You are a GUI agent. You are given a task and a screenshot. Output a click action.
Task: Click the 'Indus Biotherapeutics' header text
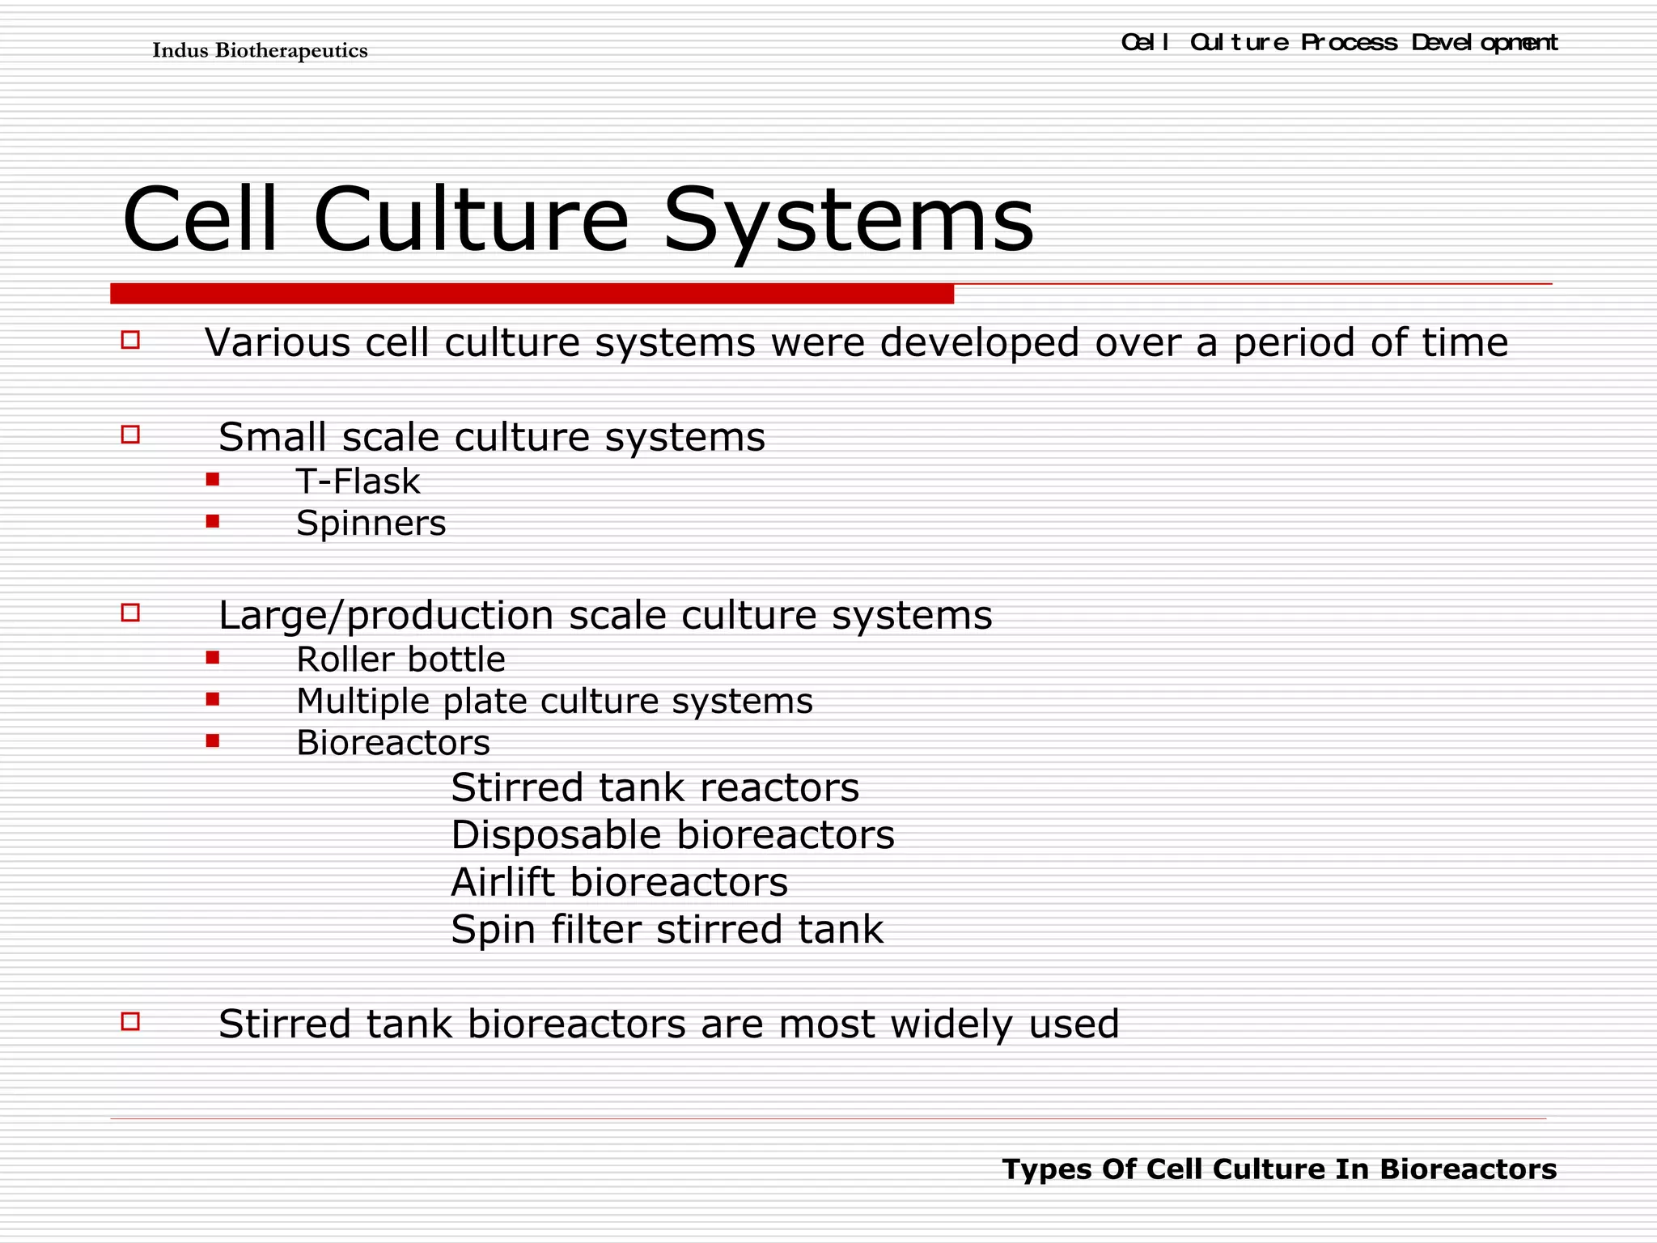click(260, 50)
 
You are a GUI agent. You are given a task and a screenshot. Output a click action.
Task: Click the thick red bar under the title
click(532, 294)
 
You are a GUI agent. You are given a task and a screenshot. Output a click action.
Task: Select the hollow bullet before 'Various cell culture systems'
click(130, 340)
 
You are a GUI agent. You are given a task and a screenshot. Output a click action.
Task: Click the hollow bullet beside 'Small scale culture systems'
click(130, 435)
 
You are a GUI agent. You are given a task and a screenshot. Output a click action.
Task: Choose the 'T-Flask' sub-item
click(358, 482)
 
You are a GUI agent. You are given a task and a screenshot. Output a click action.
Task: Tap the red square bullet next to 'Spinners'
click(213, 521)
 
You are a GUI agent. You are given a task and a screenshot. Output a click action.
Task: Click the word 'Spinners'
click(371, 523)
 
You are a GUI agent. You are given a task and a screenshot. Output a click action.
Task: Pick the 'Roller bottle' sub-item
click(400, 660)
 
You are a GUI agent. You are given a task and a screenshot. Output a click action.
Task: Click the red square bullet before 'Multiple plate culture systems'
click(213, 699)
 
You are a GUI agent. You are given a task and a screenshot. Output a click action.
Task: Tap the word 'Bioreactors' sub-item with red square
click(393, 743)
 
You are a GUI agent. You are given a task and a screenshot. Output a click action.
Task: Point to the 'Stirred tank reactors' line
click(655, 787)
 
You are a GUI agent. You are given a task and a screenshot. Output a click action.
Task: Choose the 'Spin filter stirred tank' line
click(667, 929)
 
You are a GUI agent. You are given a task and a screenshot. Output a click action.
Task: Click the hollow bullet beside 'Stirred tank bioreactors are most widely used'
click(130, 1021)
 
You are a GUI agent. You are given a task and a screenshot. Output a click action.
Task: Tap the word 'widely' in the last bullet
click(951, 1025)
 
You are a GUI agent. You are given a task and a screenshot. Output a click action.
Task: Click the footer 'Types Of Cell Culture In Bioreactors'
click(1279, 1169)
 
